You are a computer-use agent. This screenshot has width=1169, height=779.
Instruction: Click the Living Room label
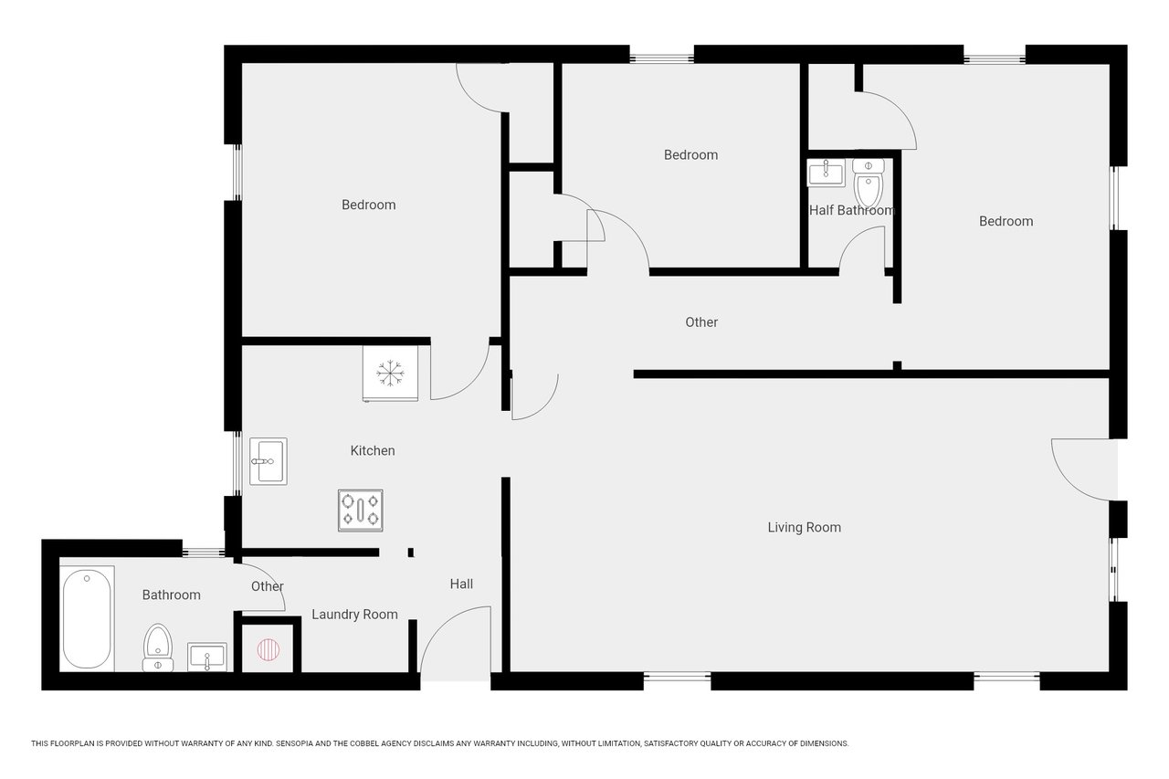tap(804, 528)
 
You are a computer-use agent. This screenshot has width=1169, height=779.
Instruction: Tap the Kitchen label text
tap(372, 450)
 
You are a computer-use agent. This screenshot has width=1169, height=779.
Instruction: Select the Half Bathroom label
tap(852, 210)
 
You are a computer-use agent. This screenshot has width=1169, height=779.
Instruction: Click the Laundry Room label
tap(354, 615)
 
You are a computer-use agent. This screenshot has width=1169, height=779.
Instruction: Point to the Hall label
tap(461, 584)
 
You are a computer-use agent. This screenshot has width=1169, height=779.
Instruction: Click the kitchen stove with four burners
tap(360, 511)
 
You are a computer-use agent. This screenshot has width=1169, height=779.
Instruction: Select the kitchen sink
tap(269, 461)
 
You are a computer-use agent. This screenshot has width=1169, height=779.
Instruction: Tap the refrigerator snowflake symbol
tap(390, 374)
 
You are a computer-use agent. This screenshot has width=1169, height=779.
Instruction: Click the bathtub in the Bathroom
tap(87, 619)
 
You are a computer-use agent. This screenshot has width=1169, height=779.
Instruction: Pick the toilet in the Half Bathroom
tap(868, 184)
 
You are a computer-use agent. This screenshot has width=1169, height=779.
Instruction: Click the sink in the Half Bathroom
tap(826, 173)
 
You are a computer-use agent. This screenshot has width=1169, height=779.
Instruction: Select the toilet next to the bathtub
tap(158, 647)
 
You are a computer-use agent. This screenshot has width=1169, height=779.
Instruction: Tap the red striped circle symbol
tap(269, 650)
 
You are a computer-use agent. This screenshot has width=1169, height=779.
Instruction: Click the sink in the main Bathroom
tap(207, 657)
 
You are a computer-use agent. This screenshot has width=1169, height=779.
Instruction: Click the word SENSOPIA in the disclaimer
tap(295, 743)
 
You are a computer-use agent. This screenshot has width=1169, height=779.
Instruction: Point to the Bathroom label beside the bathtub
tap(171, 595)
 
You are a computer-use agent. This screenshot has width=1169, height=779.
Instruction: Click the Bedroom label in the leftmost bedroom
tap(368, 205)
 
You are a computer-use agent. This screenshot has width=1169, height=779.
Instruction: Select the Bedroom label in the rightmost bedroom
tap(1006, 221)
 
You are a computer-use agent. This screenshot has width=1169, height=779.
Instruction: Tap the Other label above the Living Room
tap(701, 322)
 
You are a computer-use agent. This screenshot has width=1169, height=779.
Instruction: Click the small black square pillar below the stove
tap(411, 552)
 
